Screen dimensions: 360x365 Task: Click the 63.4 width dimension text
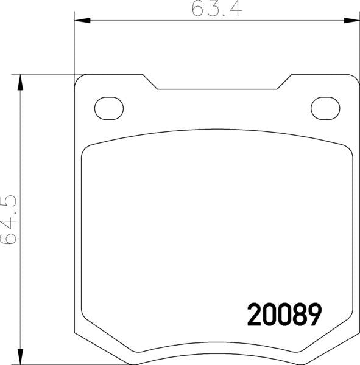(217, 9)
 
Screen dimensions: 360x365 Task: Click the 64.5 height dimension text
(9, 220)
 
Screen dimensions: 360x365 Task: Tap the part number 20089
(284, 315)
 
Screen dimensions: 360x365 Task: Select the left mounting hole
(109, 108)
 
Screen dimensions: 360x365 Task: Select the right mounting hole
(325, 108)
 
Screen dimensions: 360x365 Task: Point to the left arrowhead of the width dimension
(82, 20)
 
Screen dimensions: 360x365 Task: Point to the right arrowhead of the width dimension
(352, 20)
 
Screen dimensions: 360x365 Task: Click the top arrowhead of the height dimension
(21, 82)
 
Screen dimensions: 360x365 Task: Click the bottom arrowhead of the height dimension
(21, 356)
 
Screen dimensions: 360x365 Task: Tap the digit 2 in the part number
(254, 315)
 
